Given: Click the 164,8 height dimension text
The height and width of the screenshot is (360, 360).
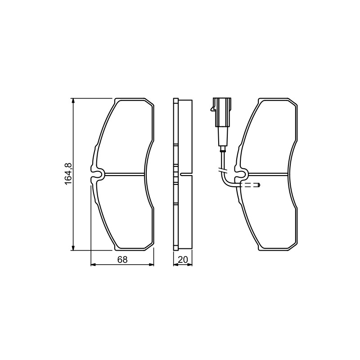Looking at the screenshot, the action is (68, 174).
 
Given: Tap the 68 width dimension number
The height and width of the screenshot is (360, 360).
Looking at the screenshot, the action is (122, 260).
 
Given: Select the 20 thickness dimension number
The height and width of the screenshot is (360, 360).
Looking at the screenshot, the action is (183, 260).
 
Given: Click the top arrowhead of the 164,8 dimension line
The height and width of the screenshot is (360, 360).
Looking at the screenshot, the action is (73, 101).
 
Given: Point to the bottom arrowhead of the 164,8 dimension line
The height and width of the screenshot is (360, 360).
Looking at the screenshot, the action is (73, 247).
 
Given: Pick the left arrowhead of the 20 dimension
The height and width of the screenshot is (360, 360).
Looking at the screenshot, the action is (176, 265).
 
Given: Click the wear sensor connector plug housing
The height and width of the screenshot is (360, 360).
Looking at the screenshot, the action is (222, 112).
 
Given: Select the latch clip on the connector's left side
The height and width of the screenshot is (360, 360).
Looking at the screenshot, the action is (212, 108).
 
